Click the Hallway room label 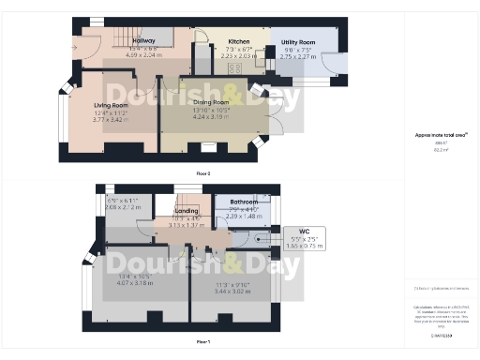143,41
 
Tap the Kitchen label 238,41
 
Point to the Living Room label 111,106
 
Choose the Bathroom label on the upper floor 243,202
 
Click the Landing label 187,211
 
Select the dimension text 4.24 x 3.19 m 211,118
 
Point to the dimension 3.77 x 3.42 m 111,121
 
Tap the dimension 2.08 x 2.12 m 123,207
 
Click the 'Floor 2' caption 202,173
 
